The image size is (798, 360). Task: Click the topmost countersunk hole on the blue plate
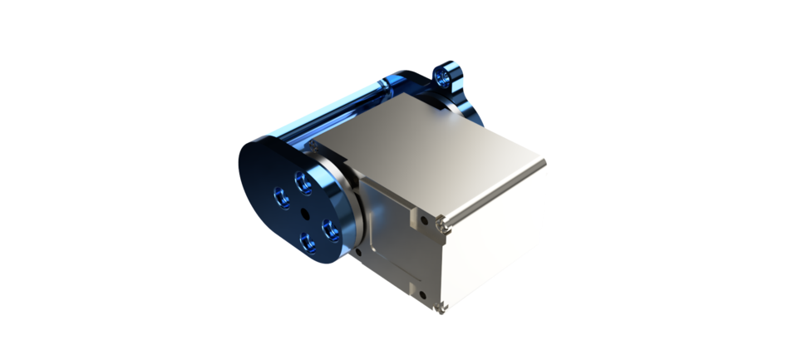click(302, 178)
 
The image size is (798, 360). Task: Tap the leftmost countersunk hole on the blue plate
click(281, 195)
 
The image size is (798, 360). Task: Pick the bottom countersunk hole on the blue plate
click(308, 242)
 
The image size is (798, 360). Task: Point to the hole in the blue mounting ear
click(450, 76)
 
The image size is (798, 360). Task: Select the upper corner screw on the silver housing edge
click(444, 222)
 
